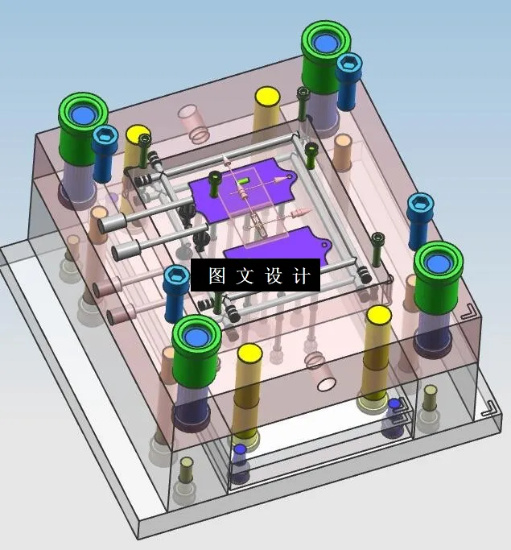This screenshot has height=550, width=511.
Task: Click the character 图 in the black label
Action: tap(216, 276)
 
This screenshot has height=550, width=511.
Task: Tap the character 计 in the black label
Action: tap(301, 276)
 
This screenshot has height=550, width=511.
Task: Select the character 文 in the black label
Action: tap(245, 276)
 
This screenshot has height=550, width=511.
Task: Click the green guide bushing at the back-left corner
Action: tap(83, 121)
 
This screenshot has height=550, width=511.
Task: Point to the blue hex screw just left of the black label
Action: tap(177, 281)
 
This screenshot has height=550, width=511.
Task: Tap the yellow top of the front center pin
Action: tap(249, 354)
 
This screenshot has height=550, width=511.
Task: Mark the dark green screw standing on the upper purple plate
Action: tap(215, 184)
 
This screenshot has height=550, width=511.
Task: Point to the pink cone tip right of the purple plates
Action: tap(300, 213)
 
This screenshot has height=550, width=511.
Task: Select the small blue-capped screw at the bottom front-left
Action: tap(239, 451)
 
